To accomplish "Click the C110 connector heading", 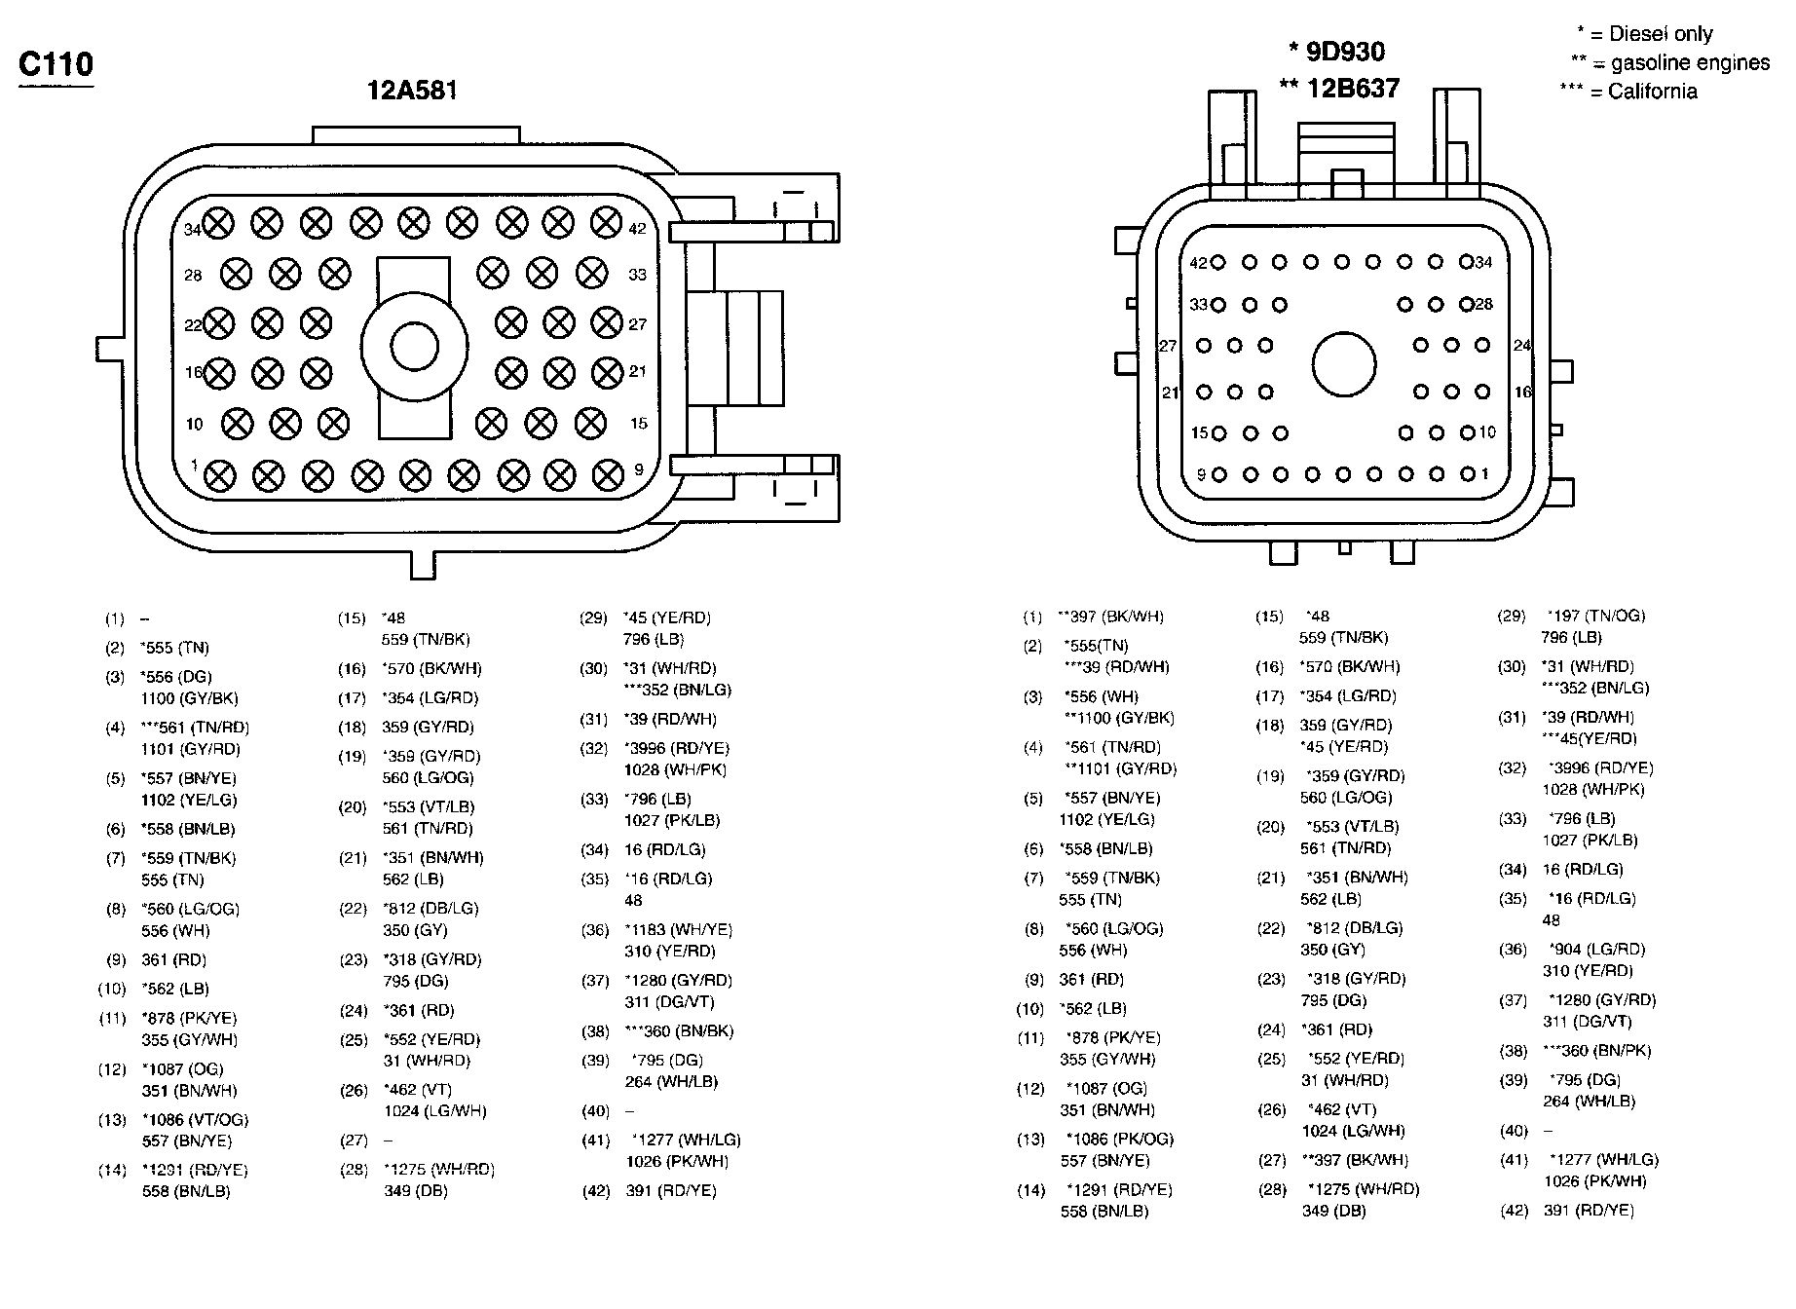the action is point(56,64).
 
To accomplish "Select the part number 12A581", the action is point(412,91).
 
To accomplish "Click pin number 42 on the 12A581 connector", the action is point(637,229).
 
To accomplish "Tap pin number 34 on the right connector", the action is point(1483,262).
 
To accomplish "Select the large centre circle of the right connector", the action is point(1344,365).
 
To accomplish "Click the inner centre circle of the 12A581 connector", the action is point(415,346).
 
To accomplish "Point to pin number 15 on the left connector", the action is point(638,424).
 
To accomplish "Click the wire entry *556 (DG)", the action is point(176,676).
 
